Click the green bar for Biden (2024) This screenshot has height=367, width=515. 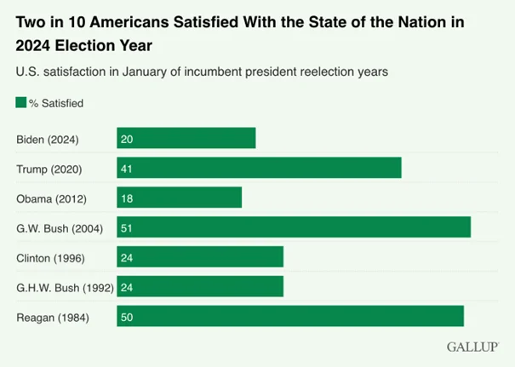[x=186, y=138]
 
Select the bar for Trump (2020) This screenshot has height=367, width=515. [x=259, y=168]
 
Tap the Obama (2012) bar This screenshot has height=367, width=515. [x=180, y=198]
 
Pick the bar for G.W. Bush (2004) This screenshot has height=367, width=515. [x=294, y=227]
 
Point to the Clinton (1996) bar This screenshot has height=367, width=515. [x=200, y=256]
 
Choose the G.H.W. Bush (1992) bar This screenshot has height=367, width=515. [x=200, y=286]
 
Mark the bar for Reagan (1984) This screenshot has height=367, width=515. [x=290, y=316]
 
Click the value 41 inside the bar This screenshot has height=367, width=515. [x=127, y=169]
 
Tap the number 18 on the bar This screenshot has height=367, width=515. [x=127, y=198]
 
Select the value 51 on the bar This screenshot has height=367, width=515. [x=127, y=228]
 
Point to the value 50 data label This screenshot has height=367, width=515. [x=127, y=318]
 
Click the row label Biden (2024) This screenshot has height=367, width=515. [x=48, y=140]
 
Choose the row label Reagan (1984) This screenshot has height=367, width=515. [x=53, y=318]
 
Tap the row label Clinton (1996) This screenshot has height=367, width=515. [x=50, y=258]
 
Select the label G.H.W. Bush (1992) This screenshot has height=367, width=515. [x=65, y=288]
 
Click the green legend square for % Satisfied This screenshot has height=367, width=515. [x=21, y=102]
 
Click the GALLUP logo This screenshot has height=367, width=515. [x=473, y=347]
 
